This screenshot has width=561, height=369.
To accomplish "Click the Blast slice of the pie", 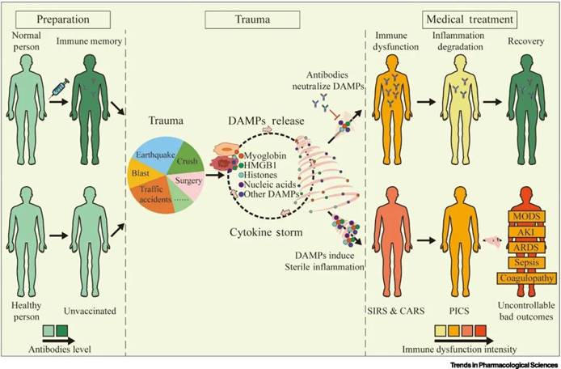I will point(140,173).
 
